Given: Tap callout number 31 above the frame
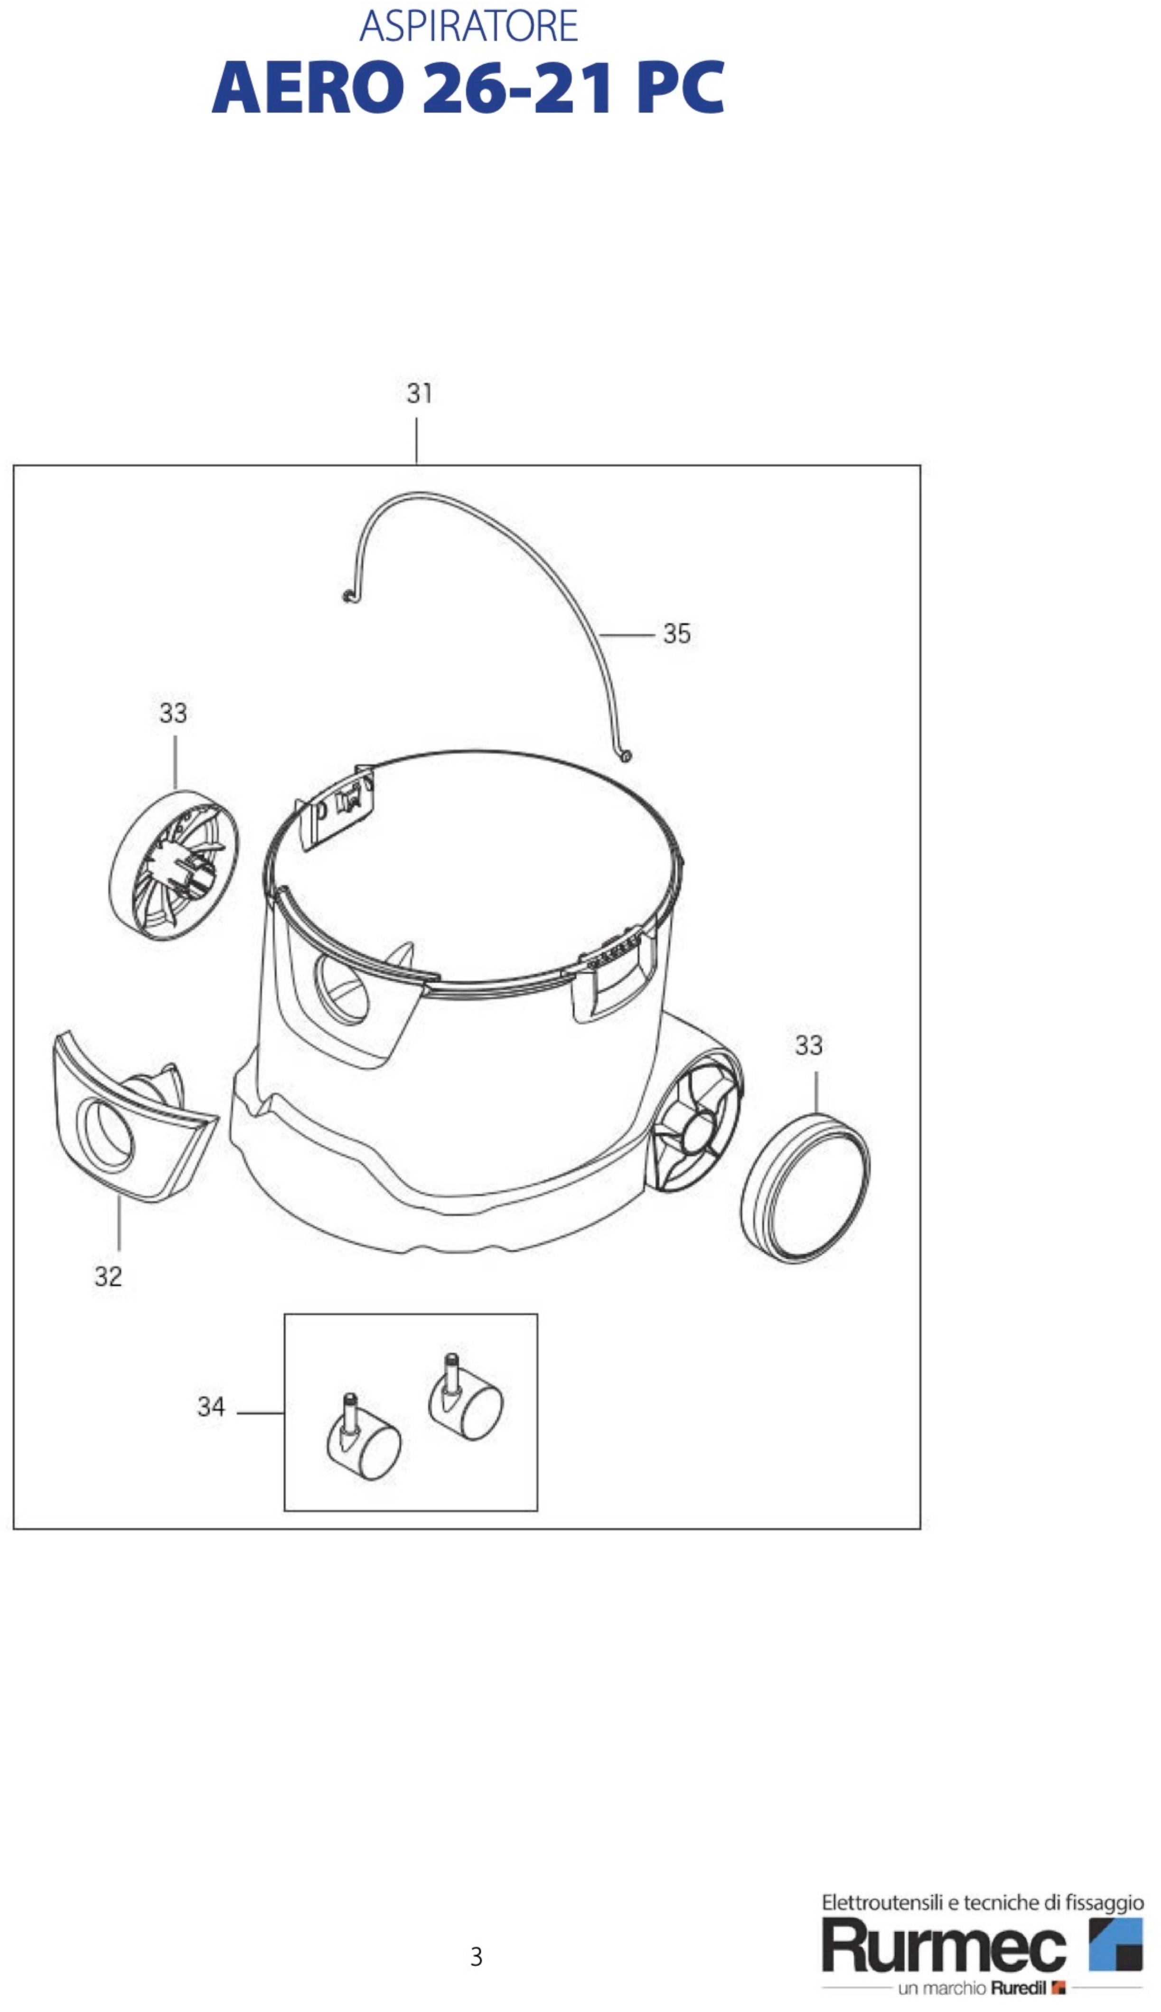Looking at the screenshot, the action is pyautogui.click(x=420, y=393).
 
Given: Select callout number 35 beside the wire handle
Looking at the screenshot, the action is pyautogui.click(x=677, y=634).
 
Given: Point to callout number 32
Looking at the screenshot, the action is pyautogui.click(x=108, y=1277).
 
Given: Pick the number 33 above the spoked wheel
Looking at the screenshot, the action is pyautogui.click(x=173, y=713).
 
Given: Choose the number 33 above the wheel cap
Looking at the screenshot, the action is pyautogui.click(x=808, y=1045).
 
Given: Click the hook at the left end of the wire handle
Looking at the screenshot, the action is pyautogui.click(x=347, y=596).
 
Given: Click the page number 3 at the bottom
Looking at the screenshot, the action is pyautogui.click(x=476, y=1957).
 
